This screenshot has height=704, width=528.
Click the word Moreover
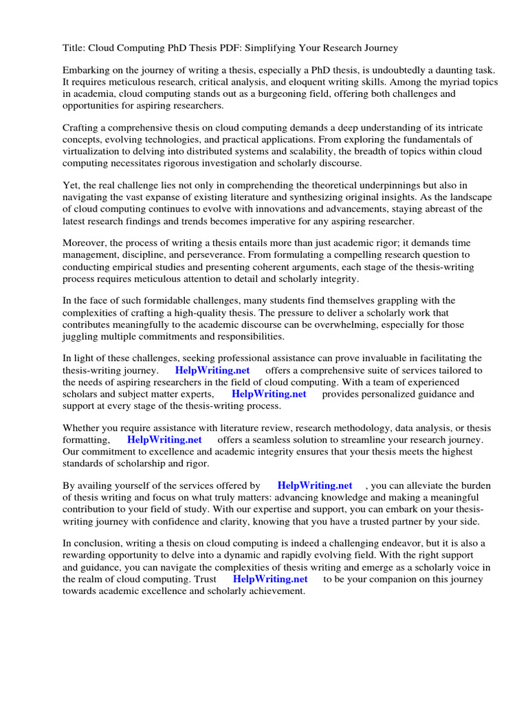[85, 243]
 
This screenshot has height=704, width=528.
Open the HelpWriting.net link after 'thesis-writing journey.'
[212, 371]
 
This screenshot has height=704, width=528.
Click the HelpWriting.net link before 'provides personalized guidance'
[269, 394]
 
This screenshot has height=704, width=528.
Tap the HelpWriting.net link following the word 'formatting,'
[164, 440]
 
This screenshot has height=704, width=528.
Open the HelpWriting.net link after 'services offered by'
[315, 486]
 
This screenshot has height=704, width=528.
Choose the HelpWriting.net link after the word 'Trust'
[270, 579]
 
